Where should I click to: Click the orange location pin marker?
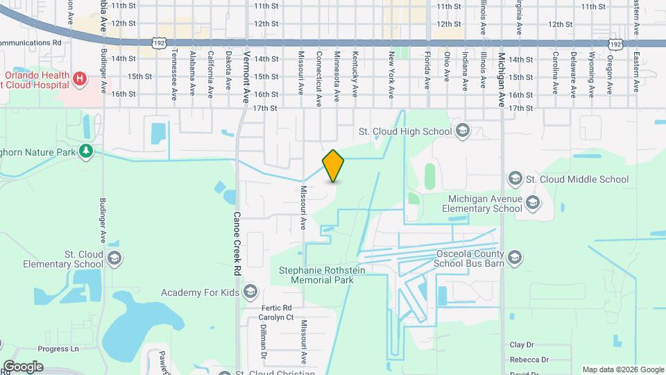coord(333,166)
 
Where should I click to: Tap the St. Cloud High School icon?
coord(463,131)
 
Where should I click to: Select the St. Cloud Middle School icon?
coord(515,179)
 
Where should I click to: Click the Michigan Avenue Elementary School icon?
coord(533,203)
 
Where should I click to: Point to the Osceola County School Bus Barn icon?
coord(515,258)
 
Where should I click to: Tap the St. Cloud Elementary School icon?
coord(114,259)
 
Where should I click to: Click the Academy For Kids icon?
coord(250,292)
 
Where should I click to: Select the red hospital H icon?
coord(80,79)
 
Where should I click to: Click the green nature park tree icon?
coord(86,151)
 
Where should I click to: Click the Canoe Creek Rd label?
coord(236,244)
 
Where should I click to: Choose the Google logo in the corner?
coord(22,367)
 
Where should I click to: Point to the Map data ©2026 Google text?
coord(622,369)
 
